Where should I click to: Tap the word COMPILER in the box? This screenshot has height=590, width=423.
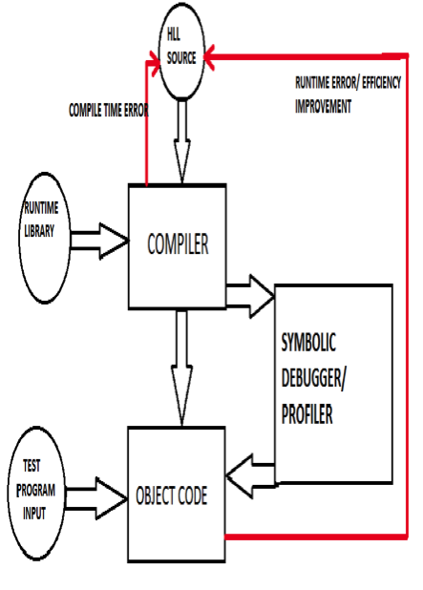click(178, 243)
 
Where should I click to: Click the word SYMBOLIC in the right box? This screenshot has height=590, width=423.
click(308, 343)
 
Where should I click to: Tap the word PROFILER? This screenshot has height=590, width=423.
click(307, 414)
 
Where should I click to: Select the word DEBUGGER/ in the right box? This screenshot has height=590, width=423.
click(313, 378)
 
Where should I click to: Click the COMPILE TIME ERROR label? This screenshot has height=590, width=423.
click(109, 110)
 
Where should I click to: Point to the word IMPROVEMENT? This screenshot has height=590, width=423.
click(323, 107)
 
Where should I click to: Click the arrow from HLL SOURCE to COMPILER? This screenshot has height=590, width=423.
click(182, 141)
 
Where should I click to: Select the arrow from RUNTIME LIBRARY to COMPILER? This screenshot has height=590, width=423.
click(100, 241)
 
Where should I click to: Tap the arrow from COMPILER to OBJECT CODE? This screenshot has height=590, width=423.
click(181, 368)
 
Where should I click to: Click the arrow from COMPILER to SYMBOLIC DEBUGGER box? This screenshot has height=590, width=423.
click(250, 297)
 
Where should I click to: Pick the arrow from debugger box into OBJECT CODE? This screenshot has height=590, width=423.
click(250, 476)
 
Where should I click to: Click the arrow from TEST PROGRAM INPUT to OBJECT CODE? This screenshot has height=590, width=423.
click(96, 498)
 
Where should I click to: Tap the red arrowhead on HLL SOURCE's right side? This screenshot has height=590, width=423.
click(209, 57)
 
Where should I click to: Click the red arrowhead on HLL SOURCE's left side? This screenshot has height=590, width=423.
click(155, 63)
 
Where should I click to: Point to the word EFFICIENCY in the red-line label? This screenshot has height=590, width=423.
click(382, 82)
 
